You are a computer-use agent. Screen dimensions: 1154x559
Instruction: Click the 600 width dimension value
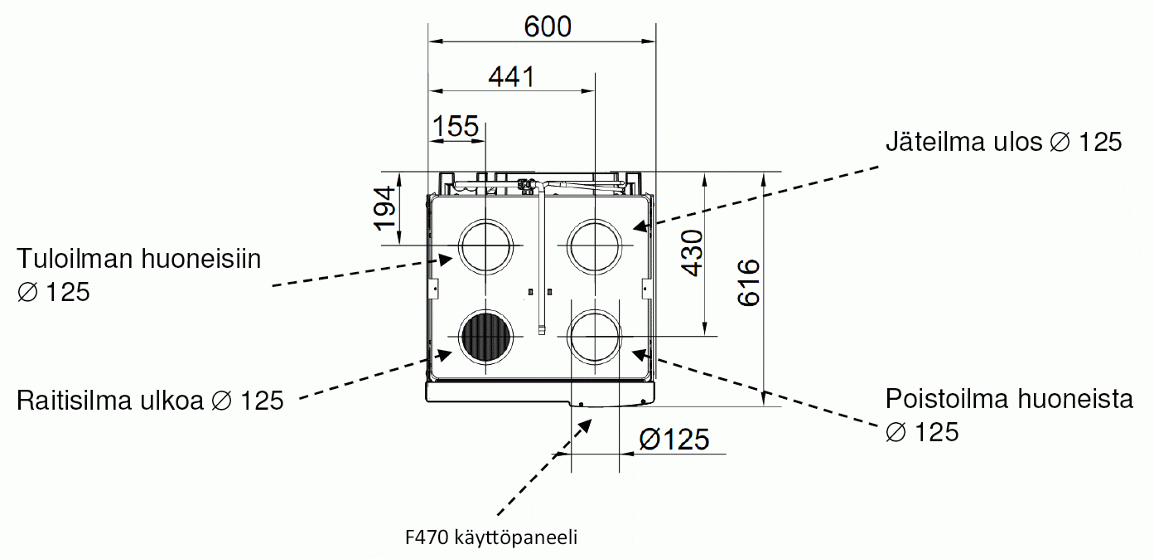tap(548, 27)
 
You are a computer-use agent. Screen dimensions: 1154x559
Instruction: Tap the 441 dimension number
tap(512, 77)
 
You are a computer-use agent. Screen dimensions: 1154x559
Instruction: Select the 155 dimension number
tap(456, 126)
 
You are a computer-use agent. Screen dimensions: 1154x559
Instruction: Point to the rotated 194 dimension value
tap(385, 208)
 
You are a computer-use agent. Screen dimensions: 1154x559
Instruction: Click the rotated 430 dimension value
tap(692, 253)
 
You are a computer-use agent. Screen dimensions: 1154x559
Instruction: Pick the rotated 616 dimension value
tap(749, 283)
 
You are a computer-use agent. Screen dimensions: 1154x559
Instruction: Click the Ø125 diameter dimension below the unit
tap(674, 440)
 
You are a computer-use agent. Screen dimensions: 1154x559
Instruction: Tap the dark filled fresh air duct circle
tap(485, 338)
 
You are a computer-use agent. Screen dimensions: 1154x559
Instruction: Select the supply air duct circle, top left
tap(485, 219)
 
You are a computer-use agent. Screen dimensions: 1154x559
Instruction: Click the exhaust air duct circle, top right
tap(595, 219)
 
